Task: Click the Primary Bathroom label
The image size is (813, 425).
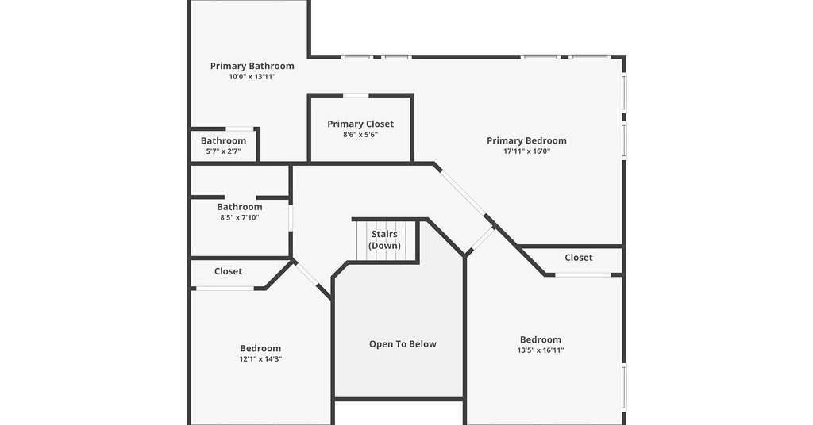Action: click(x=252, y=66)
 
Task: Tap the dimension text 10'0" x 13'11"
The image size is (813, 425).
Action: click(x=252, y=77)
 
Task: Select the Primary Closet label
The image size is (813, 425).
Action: click(x=360, y=124)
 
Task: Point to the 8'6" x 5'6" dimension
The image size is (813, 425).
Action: click(x=360, y=135)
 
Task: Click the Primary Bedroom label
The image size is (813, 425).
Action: click(x=527, y=140)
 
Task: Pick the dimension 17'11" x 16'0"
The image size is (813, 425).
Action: click(x=527, y=151)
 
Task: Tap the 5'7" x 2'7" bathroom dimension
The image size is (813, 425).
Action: click(x=223, y=151)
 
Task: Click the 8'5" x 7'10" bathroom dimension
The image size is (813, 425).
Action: click(x=240, y=217)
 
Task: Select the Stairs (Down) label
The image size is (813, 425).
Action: click(x=384, y=239)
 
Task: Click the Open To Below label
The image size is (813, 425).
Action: click(x=403, y=344)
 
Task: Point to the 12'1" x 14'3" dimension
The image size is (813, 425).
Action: click(x=260, y=358)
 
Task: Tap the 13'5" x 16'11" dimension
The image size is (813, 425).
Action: click(x=540, y=350)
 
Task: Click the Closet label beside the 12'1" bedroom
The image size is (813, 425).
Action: click(x=228, y=271)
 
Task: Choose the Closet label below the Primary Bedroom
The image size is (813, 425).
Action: click(x=579, y=257)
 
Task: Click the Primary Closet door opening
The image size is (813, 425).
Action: click(x=356, y=95)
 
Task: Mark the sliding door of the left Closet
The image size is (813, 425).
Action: click(x=225, y=289)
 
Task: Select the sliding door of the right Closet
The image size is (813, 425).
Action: click(x=584, y=275)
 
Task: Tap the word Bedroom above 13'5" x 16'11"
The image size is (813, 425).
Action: click(x=540, y=339)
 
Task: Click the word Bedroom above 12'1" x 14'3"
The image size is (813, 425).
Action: click(x=260, y=348)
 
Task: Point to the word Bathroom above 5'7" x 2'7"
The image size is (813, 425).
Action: click(x=223, y=141)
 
